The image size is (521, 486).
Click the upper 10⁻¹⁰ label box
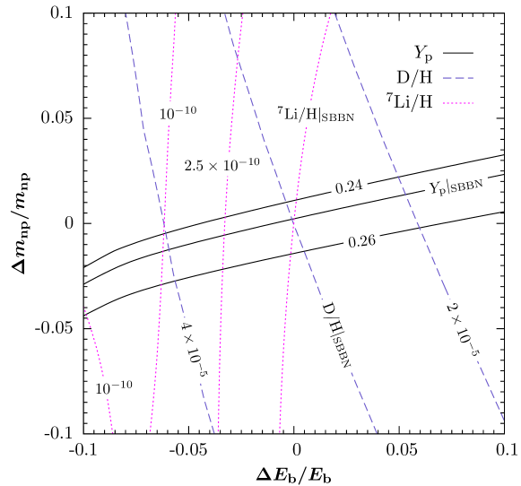(178, 113)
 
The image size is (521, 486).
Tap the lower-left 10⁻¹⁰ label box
(115, 387)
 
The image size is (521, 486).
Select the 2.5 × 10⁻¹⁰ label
(222, 164)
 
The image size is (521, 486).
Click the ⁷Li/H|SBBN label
(317, 114)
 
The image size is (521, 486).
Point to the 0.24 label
(349, 187)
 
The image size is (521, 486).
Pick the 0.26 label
(361, 240)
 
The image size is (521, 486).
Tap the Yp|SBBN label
(457, 187)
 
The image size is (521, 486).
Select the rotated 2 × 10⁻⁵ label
(464, 333)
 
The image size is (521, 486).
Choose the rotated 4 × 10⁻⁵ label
(194, 350)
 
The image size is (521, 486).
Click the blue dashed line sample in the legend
(457, 78)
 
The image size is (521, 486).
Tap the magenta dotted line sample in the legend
(457, 103)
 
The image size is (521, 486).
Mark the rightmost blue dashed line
(421, 269)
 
